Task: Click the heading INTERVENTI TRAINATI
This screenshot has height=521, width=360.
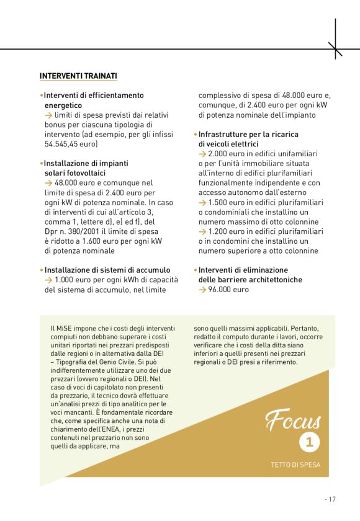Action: coord(78,76)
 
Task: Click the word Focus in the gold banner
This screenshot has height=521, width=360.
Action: coord(293,421)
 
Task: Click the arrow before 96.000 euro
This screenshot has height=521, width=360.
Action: coord(202,290)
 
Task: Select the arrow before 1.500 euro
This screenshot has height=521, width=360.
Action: coord(202,202)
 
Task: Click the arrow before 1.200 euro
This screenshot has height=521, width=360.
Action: coord(202,231)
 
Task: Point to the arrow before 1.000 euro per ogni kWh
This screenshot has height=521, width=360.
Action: coord(48,280)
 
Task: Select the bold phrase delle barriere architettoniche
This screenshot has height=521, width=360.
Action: coord(250,280)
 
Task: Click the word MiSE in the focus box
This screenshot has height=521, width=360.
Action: coord(66,328)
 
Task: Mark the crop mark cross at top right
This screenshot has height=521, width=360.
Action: coord(335,48)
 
